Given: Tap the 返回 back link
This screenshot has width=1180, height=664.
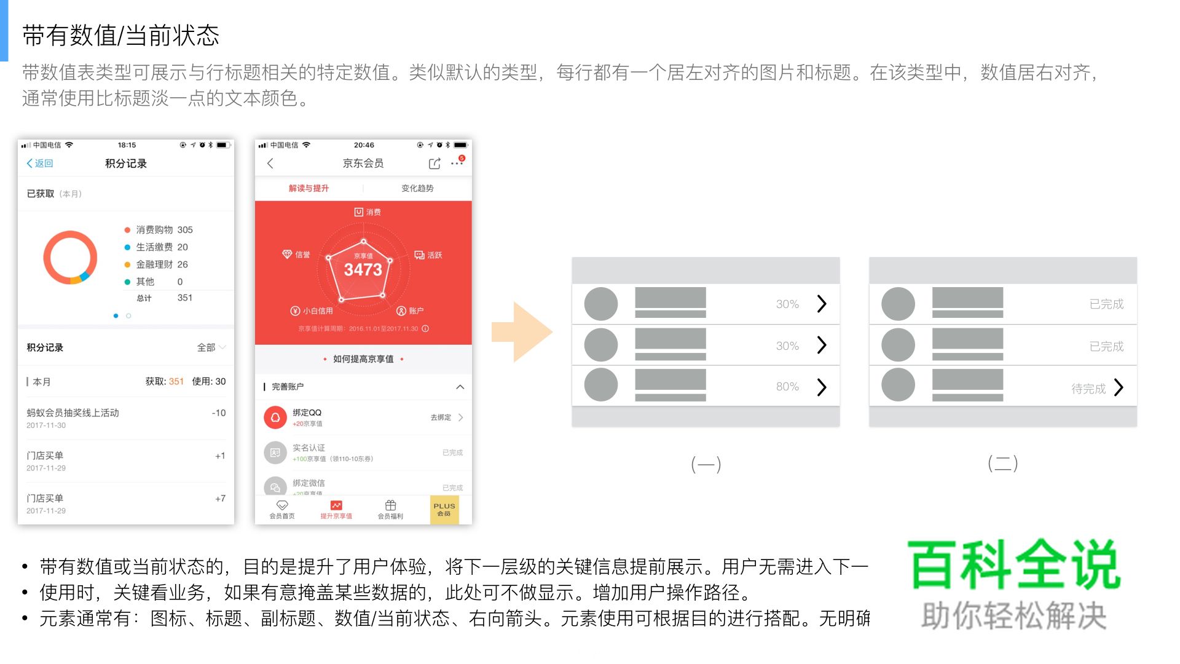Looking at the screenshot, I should [x=40, y=164].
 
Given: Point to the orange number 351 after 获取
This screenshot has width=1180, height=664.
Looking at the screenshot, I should [x=176, y=382].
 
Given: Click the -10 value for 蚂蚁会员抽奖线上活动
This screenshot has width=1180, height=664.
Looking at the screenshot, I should [x=219, y=413].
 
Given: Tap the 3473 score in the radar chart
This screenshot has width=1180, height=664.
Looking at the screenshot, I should [x=363, y=269].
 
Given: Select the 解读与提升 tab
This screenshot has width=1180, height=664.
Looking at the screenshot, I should [x=309, y=188].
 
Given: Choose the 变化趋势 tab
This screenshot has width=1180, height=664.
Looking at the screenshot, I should [x=417, y=188].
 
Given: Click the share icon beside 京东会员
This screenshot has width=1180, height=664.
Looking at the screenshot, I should [x=435, y=164].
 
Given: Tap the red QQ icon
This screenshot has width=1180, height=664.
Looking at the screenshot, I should [x=275, y=417].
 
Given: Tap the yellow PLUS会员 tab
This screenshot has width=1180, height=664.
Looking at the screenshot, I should [x=444, y=510].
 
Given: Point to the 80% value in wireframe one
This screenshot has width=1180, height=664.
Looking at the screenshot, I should [x=787, y=387].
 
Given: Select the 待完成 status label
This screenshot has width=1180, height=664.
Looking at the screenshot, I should [x=1088, y=389].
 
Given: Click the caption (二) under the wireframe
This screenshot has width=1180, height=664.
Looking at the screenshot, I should [x=1002, y=463].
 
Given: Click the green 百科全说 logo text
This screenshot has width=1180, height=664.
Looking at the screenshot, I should [x=1013, y=564].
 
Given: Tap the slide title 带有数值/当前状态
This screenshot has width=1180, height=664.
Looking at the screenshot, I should [x=121, y=36].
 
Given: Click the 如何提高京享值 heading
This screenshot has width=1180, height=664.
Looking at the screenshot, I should [x=363, y=359].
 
